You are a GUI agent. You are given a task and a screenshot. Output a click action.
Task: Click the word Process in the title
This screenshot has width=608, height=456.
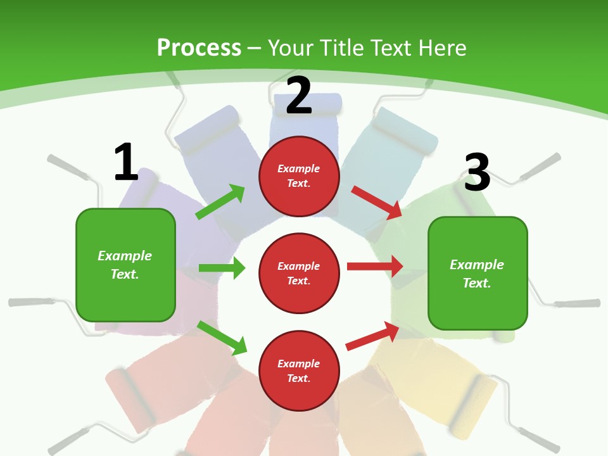[x=199, y=47]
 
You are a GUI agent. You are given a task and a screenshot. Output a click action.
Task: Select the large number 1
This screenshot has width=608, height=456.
[x=126, y=163]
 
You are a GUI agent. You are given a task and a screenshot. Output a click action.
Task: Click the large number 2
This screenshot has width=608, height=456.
[x=299, y=96]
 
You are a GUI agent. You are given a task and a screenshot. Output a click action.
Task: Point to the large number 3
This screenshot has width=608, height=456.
[x=478, y=173]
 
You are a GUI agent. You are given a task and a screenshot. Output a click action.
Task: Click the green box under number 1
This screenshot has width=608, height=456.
[x=125, y=265]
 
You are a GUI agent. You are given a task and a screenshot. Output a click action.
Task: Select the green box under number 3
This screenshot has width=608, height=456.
[x=478, y=274]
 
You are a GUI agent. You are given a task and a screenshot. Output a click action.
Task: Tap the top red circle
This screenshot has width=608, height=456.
[x=299, y=176]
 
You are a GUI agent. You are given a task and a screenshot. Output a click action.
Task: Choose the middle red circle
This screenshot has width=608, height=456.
[x=299, y=273]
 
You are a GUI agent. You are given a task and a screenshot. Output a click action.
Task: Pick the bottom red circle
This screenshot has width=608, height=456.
[x=299, y=370]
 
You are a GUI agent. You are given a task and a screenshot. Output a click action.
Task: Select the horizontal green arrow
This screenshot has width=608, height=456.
[x=222, y=268]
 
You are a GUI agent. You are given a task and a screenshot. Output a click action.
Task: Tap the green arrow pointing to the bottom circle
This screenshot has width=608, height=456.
[x=222, y=338]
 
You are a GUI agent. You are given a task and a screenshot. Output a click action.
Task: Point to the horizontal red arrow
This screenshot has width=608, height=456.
[x=375, y=267]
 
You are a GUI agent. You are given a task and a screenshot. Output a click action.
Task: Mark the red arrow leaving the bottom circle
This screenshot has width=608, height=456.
[x=372, y=336]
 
